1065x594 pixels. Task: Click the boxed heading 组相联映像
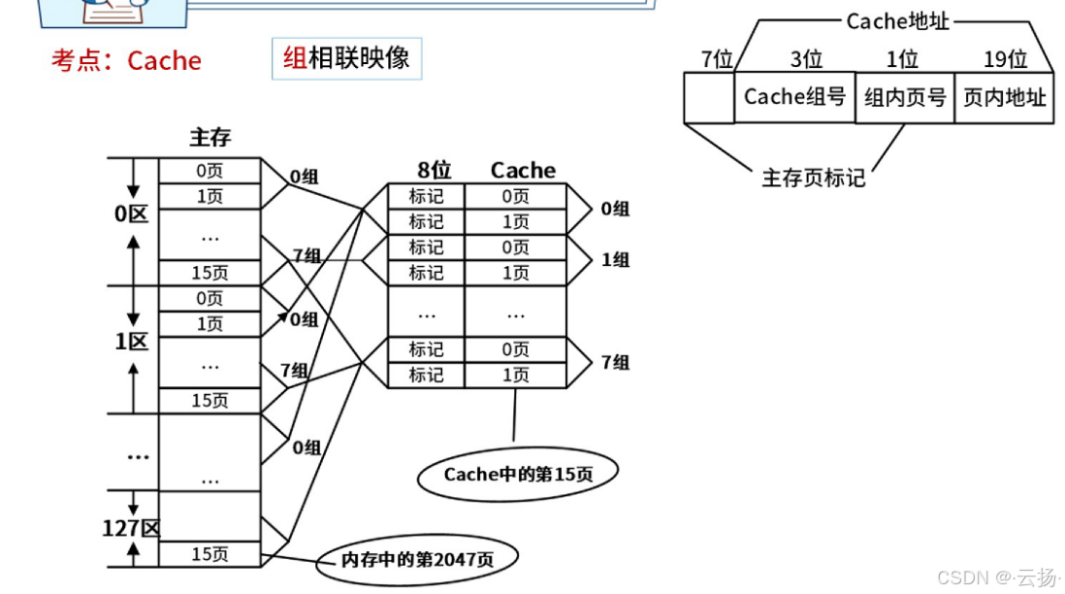[346, 57]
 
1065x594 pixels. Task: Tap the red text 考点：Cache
[126, 61]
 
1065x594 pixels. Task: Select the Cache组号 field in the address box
[794, 97]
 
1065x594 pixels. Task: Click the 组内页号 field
[904, 97]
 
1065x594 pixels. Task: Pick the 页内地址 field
[1004, 97]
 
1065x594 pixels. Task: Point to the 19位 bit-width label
[1005, 60]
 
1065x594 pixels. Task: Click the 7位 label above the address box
[717, 60]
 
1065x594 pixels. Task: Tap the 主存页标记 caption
[813, 178]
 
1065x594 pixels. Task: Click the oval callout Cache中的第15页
[518, 475]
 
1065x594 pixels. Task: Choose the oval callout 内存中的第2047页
[416, 559]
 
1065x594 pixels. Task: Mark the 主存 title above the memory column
[210, 138]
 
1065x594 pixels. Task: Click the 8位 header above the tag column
[433, 170]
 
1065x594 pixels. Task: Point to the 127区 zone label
[131, 528]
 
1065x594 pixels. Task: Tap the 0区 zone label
[131, 214]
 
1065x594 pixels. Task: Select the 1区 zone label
[131, 342]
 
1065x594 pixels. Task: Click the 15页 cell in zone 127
[210, 554]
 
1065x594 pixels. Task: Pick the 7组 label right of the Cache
[615, 362]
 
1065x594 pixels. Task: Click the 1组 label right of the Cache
[615, 259]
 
